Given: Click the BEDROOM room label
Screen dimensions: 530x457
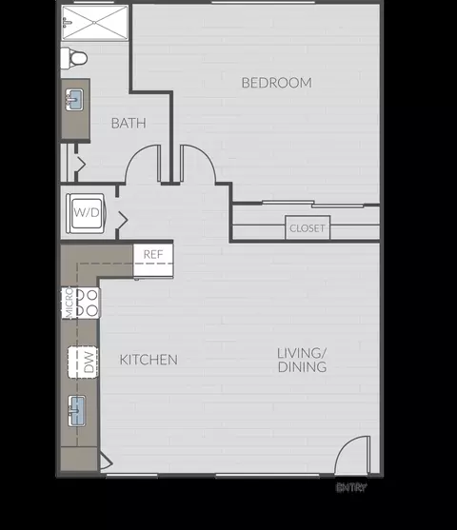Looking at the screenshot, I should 276,83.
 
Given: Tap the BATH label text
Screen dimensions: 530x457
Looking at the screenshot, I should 128,123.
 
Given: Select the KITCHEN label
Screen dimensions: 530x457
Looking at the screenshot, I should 149,360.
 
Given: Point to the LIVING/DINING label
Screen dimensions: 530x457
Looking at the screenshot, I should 302,360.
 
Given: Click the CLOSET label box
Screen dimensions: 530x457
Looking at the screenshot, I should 307,228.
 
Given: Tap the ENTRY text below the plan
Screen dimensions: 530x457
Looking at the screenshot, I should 350,488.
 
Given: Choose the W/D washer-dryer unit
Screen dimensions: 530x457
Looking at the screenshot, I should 86,212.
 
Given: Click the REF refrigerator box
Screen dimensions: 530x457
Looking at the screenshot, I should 152,254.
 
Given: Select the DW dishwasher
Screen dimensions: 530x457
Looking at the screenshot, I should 85,361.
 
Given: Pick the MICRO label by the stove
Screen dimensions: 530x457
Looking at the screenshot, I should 69,303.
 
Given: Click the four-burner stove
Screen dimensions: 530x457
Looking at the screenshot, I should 88,303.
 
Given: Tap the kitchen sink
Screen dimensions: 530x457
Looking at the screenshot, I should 78,412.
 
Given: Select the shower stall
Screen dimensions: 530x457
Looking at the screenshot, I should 95,24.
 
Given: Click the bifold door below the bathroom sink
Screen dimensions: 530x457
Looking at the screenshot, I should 80,165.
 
